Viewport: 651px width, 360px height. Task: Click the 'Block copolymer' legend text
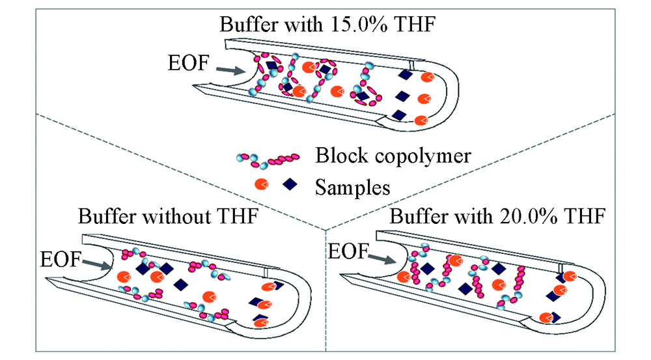[x=393, y=156]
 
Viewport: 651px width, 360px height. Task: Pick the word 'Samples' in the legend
[x=352, y=187]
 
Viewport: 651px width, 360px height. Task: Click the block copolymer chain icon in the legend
[x=268, y=159]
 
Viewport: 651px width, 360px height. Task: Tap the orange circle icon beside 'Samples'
[x=262, y=184]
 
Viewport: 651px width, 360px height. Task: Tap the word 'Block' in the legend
[x=340, y=156]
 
